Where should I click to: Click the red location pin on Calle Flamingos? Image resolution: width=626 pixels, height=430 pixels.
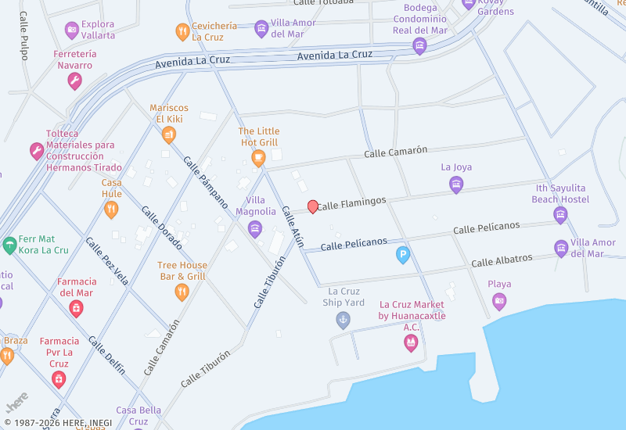coord(313,206)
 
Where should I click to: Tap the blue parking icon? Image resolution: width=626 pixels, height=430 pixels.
coord(403,255)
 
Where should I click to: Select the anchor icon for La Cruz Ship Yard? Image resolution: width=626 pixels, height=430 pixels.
coord(343,319)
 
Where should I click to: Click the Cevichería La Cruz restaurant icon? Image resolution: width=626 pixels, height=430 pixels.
coord(182,32)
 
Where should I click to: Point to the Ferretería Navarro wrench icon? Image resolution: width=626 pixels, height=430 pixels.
coord(75,81)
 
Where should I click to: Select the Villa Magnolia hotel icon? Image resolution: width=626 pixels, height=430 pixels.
coord(255,228)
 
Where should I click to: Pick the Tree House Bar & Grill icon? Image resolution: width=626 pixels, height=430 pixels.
coord(182,292)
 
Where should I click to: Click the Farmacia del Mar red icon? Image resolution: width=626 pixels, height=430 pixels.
coord(76,308)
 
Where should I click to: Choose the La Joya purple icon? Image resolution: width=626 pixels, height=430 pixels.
coord(456,185)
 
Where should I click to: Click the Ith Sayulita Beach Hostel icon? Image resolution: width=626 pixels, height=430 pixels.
coord(560,215)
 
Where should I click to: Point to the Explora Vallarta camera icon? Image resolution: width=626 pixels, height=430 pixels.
coord(72,30)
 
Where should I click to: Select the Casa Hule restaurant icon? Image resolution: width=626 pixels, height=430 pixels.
coord(111,210)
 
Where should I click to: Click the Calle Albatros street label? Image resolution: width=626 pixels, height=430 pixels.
coord(502,260)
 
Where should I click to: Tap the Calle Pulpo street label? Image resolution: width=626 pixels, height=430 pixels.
coord(23,36)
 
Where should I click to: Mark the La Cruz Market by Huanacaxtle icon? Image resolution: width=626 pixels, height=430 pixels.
coord(411,343)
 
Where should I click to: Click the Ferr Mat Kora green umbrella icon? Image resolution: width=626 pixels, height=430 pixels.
coord(9,245)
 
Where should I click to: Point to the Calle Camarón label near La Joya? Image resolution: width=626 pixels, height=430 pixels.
coord(395,152)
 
